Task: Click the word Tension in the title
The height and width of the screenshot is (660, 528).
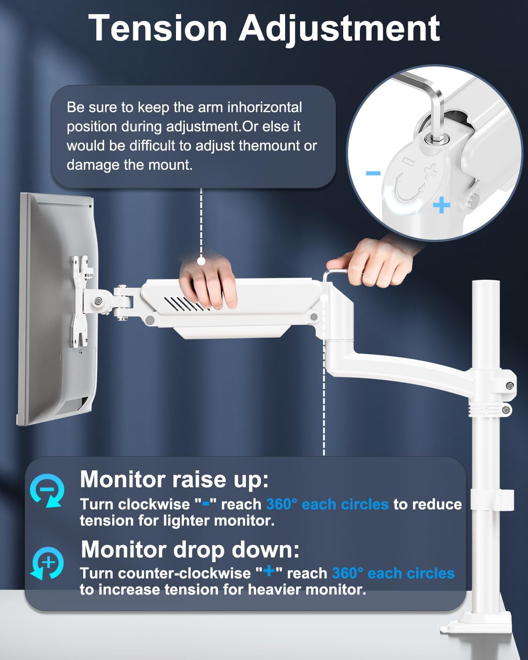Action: click(158, 28)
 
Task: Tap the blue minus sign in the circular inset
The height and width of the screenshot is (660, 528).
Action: click(373, 173)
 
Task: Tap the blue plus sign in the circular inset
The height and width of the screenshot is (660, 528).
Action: click(441, 205)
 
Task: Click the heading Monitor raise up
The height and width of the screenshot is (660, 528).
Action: click(174, 479)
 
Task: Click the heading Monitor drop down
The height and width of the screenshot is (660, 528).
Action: click(190, 549)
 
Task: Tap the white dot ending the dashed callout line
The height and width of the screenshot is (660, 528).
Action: click(201, 261)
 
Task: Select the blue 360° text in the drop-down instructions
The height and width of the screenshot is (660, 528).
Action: click(348, 573)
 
